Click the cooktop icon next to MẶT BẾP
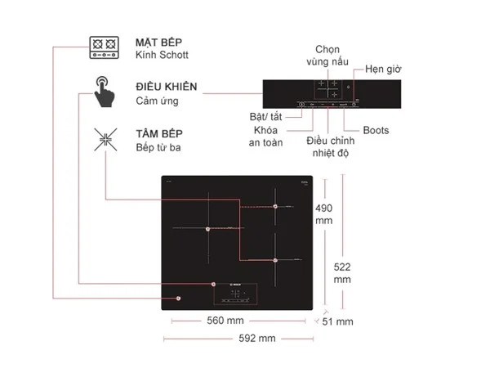[x=104, y=47]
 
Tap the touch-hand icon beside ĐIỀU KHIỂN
[x=104, y=92]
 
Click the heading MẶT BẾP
[x=158, y=41]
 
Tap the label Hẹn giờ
[x=383, y=69]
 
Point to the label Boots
[x=376, y=130]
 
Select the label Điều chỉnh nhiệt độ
[x=327, y=147]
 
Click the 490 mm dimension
[x=324, y=214]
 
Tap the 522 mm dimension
[x=342, y=272]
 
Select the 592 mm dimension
[x=256, y=339]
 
